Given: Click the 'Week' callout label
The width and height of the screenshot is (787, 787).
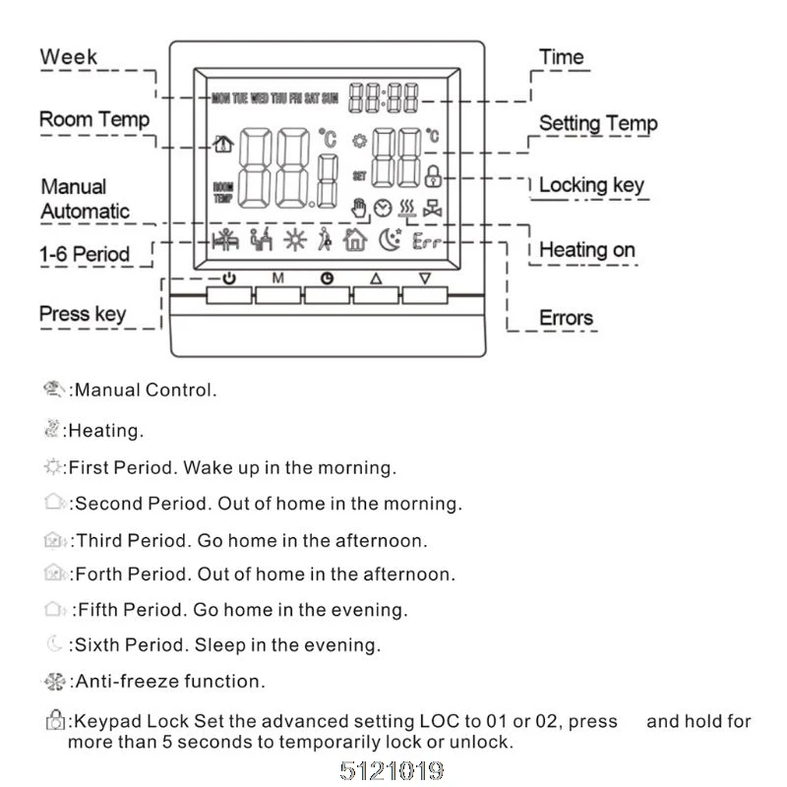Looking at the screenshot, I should coord(69,56).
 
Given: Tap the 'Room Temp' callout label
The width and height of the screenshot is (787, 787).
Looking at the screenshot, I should coord(94,120).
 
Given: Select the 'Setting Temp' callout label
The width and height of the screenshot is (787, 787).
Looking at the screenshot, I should coord(598,124).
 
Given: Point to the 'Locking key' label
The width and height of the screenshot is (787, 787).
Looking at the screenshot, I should coord(591,185).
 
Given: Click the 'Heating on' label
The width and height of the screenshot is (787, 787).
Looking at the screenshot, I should coord(587,250).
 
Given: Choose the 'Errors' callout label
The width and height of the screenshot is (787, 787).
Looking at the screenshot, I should coord(566,318).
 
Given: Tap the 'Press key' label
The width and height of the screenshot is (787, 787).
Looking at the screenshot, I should coord(83,315).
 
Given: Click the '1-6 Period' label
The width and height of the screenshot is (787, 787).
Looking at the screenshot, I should coord(85,254).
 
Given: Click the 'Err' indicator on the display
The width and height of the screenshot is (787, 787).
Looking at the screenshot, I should coord(427,240).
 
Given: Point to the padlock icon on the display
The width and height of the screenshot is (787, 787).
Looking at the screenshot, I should coord(433,177).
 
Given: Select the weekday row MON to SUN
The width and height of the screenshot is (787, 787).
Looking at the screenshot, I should coord(274,98).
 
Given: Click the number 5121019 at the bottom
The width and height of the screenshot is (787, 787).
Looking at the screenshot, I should coord(393,769).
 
